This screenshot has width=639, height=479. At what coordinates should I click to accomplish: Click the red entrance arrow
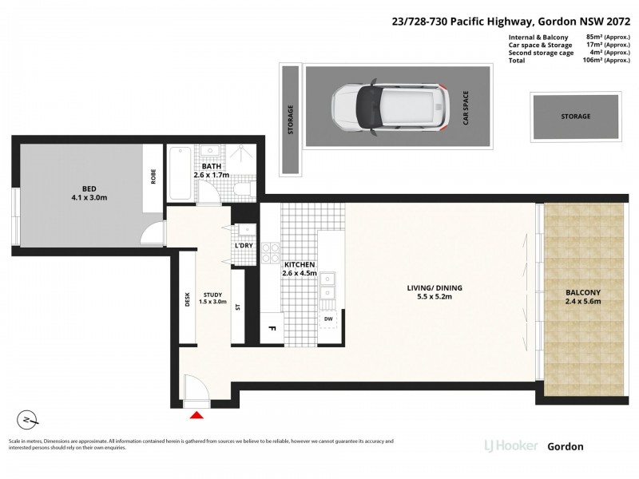tap(196, 414)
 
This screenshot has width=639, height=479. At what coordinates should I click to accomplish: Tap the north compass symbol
tap(28, 419)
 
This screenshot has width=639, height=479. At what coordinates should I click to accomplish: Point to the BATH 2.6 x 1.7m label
tap(211, 170)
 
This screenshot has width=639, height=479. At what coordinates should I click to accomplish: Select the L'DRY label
tap(244, 245)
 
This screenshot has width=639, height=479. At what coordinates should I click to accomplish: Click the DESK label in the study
tap(189, 299)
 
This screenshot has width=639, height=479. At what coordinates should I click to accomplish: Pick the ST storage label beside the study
tap(237, 307)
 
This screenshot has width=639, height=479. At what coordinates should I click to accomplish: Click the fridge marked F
tap(271, 327)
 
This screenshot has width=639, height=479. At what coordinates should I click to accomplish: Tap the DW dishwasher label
tap(328, 319)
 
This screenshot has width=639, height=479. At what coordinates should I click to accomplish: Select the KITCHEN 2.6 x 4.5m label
tap(300, 269)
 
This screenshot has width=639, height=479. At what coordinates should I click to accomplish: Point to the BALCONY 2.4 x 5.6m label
tap(581, 297)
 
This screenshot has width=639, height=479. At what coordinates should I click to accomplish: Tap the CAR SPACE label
tap(465, 108)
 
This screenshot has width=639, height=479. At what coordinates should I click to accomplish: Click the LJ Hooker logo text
tap(510, 446)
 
